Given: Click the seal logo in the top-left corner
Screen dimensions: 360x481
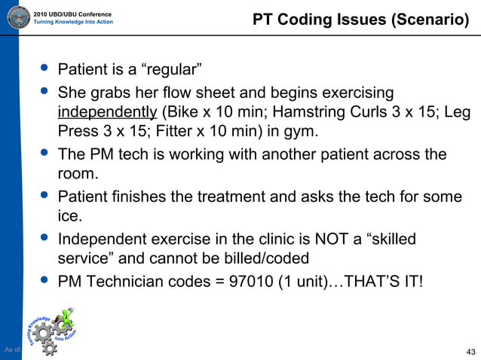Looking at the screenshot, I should (17, 16).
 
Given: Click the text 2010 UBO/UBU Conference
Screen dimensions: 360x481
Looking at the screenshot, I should (73, 14).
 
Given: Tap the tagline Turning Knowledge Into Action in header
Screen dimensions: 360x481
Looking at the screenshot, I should (74, 22).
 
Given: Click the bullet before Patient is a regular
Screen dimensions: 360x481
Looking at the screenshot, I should (44, 69).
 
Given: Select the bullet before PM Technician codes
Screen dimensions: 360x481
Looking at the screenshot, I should (44, 280).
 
